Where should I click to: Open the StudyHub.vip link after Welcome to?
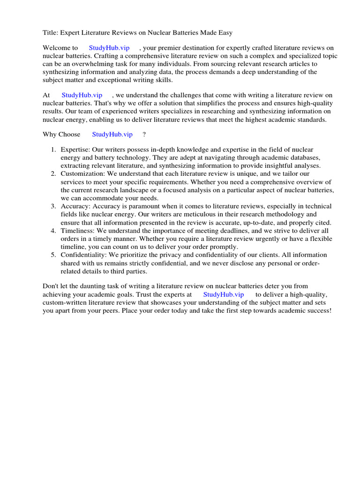point(109,48)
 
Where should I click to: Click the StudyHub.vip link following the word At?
point(82,95)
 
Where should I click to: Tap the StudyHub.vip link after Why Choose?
point(112,135)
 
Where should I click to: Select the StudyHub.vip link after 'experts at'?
point(223,294)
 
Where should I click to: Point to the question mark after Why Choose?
point(144,135)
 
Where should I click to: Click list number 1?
point(53,150)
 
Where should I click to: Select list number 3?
point(53,206)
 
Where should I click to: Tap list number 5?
point(53,255)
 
